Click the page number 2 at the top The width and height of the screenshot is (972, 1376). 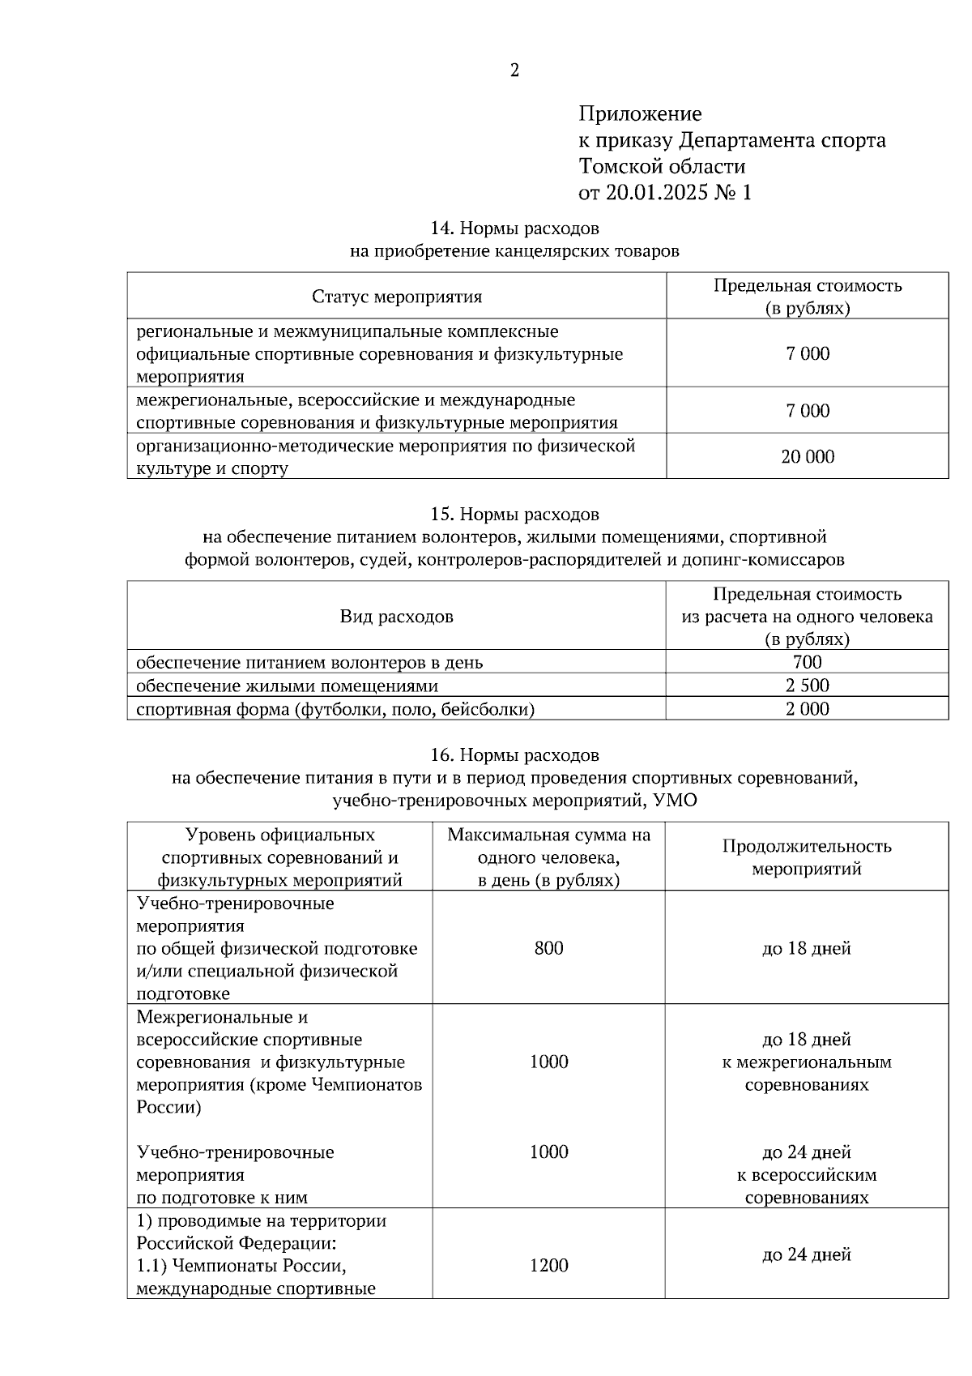pyautogui.click(x=514, y=71)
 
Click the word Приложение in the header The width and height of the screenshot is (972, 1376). pyautogui.click(x=639, y=113)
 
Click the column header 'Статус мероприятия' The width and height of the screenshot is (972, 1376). pyautogui.click(x=397, y=297)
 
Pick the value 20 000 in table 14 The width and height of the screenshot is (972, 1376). pyautogui.click(x=807, y=457)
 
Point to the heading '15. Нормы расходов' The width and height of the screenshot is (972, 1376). pyautogui.click(x=514, y=514)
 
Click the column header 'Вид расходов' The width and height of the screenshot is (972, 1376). pyautogui.click(x=397, y=617)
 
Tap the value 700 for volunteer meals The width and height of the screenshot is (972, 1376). pyautogui.click(x=807, y=662)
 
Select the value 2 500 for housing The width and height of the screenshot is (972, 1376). pyautogui.click(x=807, y=686)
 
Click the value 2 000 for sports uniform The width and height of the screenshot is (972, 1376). pyautogui.click(x=807, y=709)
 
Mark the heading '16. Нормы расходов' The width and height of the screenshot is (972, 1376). pyautogui.click(x=514, y=755)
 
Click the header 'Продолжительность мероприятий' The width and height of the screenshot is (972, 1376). pyautogui.click(x=807, y=857)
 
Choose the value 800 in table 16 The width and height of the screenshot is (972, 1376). pyautogui.click(x=548, y=948)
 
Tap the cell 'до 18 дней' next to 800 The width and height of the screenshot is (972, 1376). pyautogui.click(x=807, y=948)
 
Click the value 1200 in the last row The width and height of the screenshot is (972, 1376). pyautogui.click(x=548, y=1266)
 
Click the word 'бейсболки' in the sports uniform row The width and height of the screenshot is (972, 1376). pyautogui.click(x=491, y=710)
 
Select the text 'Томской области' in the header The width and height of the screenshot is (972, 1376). pyautogui.click(x=662, y=167)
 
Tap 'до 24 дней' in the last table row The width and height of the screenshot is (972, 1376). pyautogui.click(x=807, y=1255)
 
